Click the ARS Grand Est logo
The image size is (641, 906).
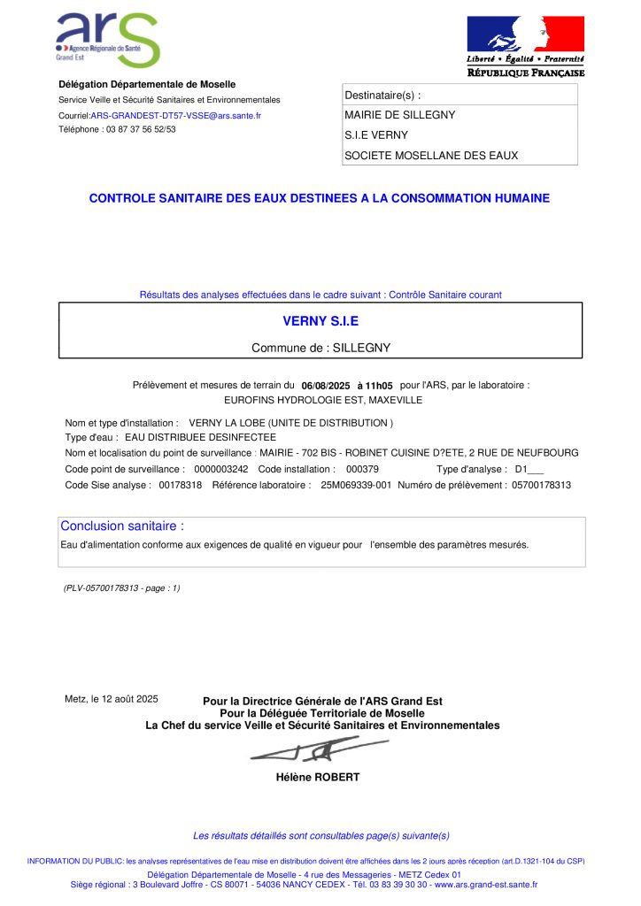point(107,40)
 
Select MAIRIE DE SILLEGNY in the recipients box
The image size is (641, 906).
point(399,115)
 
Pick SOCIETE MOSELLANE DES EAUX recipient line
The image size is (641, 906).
point(431,156)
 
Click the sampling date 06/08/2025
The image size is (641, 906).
point(327,386)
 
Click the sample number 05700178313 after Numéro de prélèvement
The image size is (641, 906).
point(542,485)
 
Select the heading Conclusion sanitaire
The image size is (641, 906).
point(122,526)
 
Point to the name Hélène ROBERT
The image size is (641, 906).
point(318,778)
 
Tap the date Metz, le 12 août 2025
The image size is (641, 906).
point(112,699)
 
